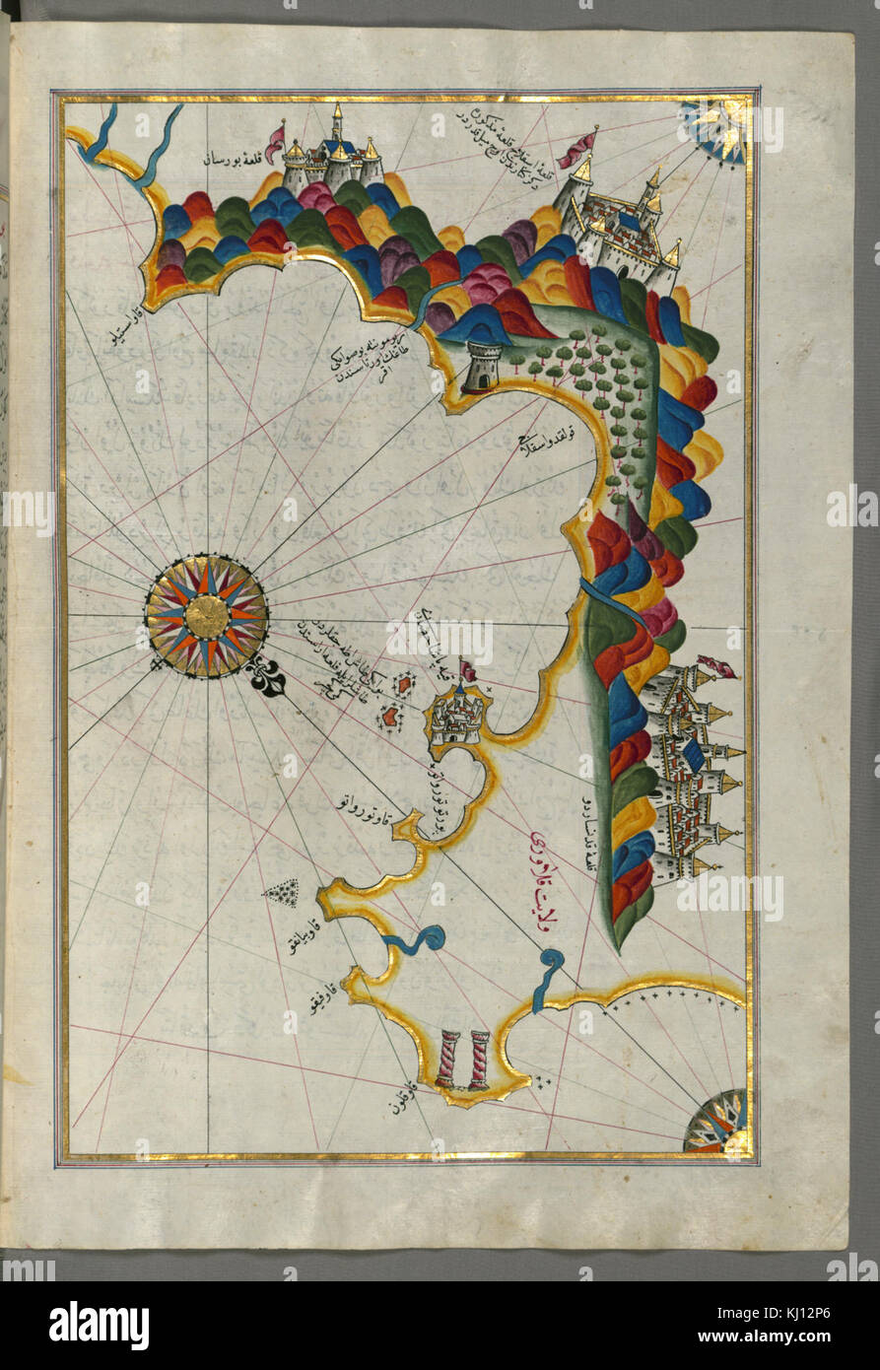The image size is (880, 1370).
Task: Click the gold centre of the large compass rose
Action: pos(207,616)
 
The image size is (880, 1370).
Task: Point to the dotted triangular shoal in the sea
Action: pos(284,893)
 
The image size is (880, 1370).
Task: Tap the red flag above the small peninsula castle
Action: pos(467,671)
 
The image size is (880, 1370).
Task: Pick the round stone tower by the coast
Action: pos(480,367)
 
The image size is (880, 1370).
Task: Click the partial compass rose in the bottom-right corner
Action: pos(717,1121)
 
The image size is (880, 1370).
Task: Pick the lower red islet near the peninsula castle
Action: pos(390,717)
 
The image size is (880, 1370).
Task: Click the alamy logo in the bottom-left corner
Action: pos(99,1325)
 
